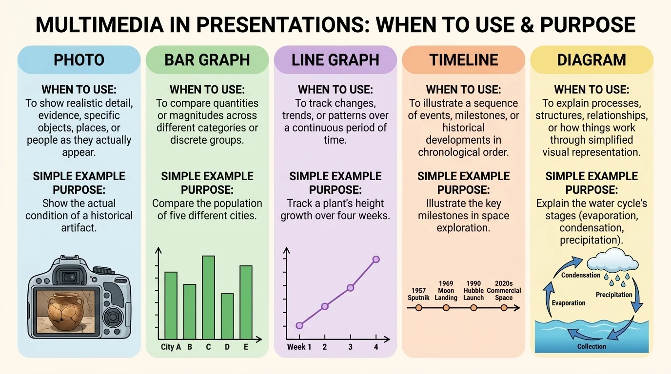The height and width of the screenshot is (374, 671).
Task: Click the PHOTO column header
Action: coord(79,60)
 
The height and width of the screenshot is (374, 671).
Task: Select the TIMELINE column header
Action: coord(463,60)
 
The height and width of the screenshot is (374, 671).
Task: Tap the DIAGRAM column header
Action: coord(591,60)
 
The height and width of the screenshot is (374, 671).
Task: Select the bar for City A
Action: coord(171,305)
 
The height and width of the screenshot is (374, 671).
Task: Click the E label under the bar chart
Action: coord(246,347)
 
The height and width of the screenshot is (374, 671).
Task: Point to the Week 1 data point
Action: coord(299,325)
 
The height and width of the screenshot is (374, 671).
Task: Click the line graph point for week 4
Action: coord(376,260)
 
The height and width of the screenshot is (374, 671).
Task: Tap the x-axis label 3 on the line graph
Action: coord(350,347)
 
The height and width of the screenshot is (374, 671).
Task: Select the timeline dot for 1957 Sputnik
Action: coord(418,308)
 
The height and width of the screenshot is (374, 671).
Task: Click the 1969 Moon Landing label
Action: coord(446,290)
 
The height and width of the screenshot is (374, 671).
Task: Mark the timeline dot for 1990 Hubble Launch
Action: coord(473,308)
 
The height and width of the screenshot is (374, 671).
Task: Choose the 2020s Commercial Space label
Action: coord(504,290)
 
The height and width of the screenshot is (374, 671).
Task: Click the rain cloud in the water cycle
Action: coord(612,260)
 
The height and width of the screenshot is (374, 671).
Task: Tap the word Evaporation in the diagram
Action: coord(568,303)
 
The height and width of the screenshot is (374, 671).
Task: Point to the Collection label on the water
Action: coord(592,347)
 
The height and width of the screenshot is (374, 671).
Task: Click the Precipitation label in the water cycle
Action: coord(613,295)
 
